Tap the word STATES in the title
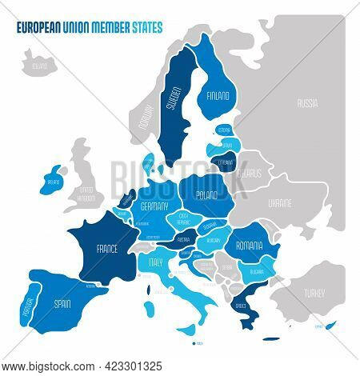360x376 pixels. (x=147, y=26)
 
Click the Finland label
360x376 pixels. (x=218, y=94)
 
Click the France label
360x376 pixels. (x=106, y=249)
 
